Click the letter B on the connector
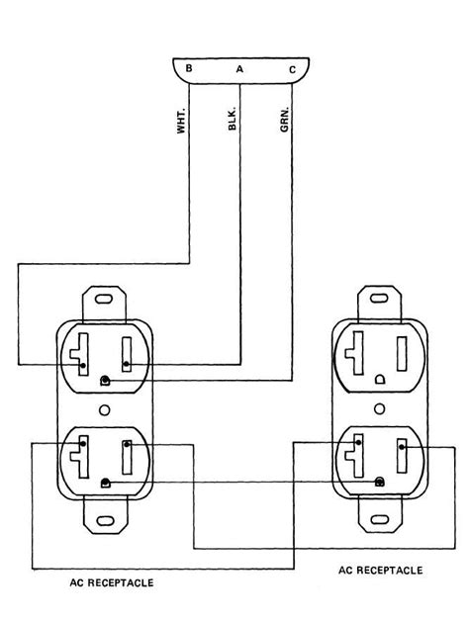[x=188, y=69]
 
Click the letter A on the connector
[x=238, y=69]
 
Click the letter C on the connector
[x=290, y=69]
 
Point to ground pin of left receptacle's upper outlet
[x=106, y=380]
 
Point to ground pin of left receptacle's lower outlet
[x=106, y=482]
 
